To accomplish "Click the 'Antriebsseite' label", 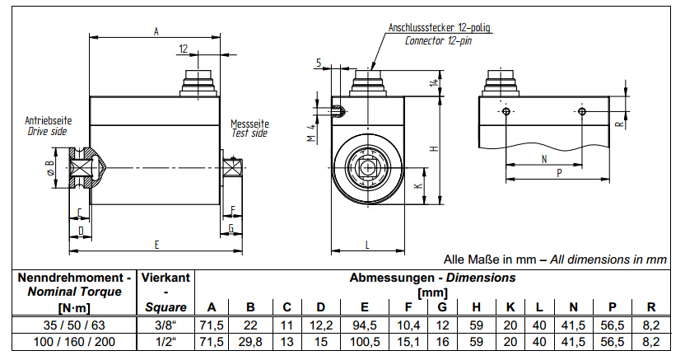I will (48, 120).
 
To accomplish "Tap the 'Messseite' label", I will (249, 124).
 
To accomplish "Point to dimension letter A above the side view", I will (156, 31).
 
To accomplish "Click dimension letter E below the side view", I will (155, 245).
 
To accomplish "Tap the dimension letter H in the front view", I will (435, 148).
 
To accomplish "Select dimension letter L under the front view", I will (366, 245).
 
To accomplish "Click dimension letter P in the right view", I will (560, 174).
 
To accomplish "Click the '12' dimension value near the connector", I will (183, 49).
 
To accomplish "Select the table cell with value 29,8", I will (251, 341).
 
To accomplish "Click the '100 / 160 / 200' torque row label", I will (69, 341).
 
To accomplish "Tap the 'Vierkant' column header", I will (166, 278).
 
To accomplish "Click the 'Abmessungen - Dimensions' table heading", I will (432, 278).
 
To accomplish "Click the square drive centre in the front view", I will (366, 161).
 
